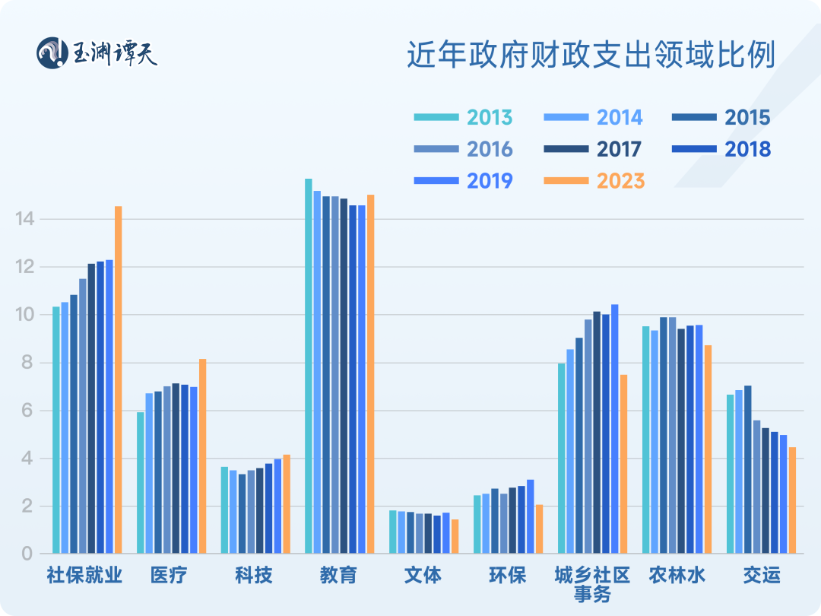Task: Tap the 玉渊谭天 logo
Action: pos(98,52)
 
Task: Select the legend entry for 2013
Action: pos(464,117)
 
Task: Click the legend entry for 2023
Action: pos(594,181)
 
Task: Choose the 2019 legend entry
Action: pos(464,181)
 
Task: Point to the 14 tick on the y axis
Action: pos(25,219)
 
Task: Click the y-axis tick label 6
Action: pos(27,411)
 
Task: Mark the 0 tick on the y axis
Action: pos(27,554)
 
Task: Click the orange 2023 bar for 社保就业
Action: pos(119,380)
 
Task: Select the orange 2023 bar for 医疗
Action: pos(202,456)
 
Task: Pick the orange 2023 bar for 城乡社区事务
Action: pos(623,464)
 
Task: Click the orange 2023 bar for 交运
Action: pos(792,500)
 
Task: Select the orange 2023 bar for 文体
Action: pos(455,537)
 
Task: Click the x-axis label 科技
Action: pos(253,575)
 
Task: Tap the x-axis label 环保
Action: pos(507,575)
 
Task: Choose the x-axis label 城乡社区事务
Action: pos(592,583)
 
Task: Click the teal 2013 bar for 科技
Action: pos(224,510)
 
